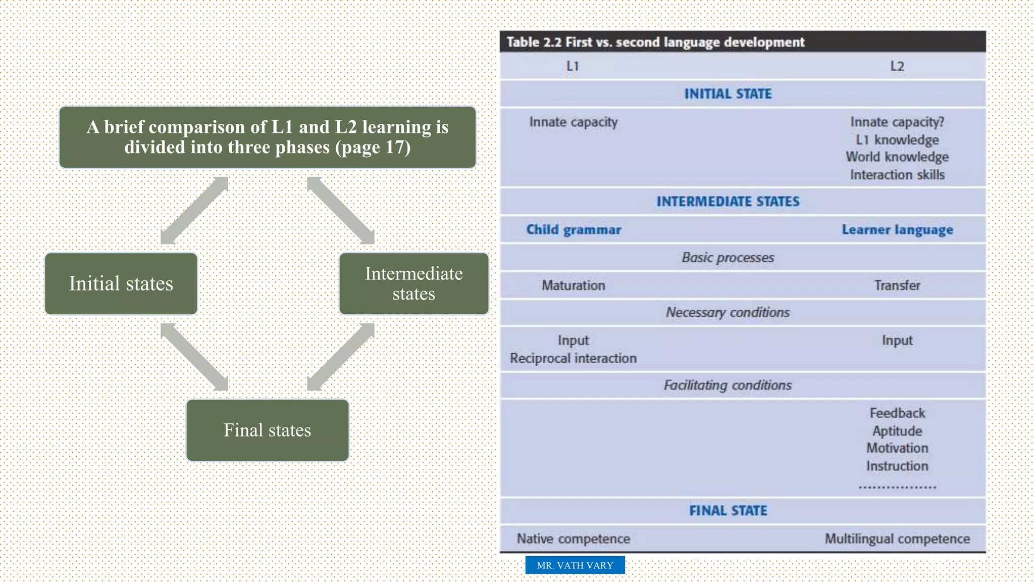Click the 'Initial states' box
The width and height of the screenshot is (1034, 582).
121,283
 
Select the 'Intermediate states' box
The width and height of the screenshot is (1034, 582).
413,283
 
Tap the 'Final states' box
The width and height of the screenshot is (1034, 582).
267,430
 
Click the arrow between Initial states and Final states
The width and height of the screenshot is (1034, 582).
194,357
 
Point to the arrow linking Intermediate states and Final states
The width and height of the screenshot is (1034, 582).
341,357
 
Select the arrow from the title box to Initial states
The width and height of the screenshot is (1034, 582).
194,210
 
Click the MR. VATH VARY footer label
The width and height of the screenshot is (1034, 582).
575,565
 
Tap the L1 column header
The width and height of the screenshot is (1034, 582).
573,66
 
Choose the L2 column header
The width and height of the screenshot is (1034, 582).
897,66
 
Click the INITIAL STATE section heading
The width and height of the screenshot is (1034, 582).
728,94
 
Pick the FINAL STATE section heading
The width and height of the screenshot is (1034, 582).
728,511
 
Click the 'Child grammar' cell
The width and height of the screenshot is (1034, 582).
574,230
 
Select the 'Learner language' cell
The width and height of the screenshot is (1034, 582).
897,230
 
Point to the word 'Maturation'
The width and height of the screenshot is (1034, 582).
573,285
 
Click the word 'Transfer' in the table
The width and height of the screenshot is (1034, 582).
897,285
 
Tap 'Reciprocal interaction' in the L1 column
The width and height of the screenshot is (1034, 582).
573,358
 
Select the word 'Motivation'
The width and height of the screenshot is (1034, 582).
897,448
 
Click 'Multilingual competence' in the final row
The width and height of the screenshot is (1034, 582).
897,539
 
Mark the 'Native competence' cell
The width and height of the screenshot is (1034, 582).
573,539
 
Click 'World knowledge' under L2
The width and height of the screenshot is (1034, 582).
897,157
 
